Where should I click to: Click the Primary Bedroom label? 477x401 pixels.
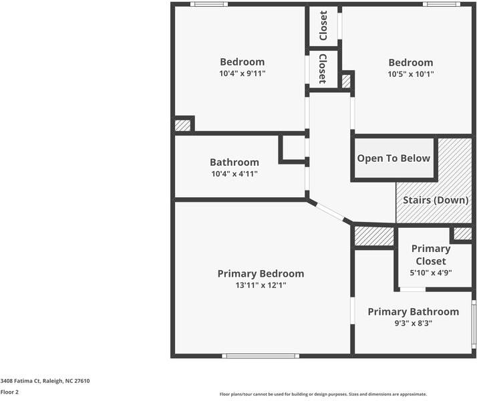point(261,273)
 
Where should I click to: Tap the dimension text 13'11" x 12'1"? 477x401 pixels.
point(261,285)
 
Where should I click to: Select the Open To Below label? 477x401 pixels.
point(393,158)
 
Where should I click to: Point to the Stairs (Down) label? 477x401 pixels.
point(434,200)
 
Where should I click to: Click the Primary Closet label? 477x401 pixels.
point(430,255)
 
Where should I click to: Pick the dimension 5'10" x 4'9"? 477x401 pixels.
point(430,273)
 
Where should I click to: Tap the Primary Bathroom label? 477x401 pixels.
point(413,311)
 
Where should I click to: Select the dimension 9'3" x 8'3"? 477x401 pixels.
point(413,323)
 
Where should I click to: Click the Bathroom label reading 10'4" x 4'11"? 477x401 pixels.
point(234,162)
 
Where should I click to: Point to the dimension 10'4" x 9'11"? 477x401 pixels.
point(242,74)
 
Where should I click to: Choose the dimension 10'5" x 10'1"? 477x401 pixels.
point(411,74)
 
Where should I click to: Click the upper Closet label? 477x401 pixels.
point(323,25)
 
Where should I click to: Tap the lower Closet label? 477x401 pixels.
point(323,69)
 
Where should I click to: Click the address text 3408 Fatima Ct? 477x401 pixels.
point(45,381)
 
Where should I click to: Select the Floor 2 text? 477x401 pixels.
point(9,392)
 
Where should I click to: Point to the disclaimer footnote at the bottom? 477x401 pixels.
point(323,394)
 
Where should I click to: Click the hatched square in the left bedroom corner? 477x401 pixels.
point(182,125)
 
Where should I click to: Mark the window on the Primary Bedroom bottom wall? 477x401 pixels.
point(261,356)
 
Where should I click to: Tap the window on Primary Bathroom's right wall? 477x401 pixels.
point(474,325)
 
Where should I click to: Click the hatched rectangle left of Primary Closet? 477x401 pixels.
point(373,236)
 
